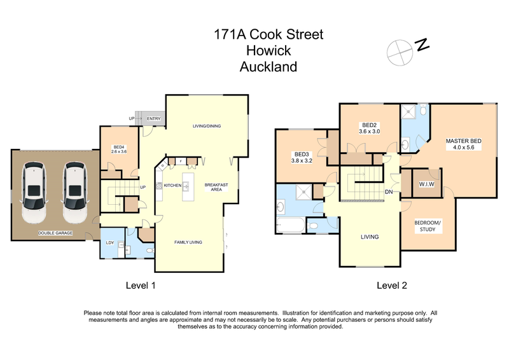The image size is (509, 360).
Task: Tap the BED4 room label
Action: click(120, 149)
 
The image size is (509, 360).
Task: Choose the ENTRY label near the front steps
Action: click(153, 118)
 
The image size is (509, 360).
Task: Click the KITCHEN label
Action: click(173, 186)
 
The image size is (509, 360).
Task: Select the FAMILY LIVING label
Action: click(188, 242)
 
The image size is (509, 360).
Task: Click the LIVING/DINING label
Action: click(207, 126)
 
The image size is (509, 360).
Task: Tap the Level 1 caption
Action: click(141, 286)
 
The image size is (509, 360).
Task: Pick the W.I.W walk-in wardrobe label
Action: click(426, 184)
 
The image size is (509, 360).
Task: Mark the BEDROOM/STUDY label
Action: click(425, 226)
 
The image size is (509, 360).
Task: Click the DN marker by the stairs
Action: click(388, 193)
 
